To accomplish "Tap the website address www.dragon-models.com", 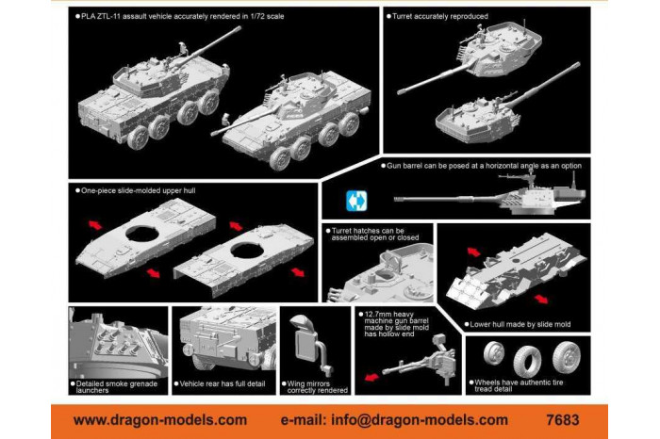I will pyautogui.click(x=160, y=419).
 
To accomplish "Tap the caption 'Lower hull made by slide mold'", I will pyautogui.click(x=520, y=324).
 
